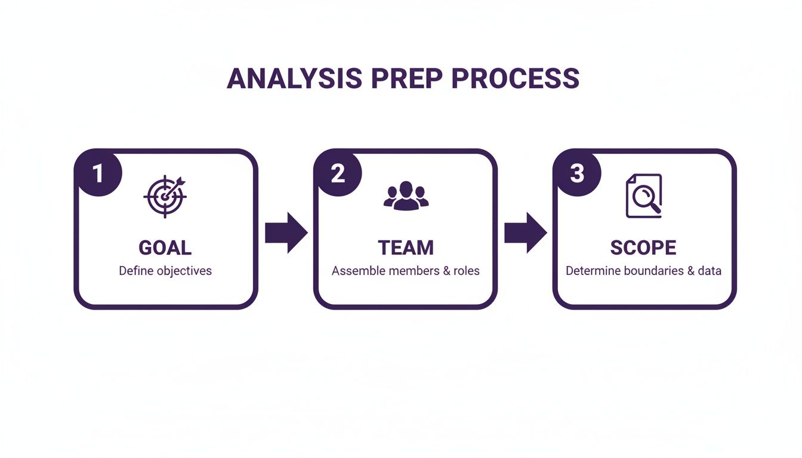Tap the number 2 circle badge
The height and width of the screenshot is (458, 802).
(337, 174)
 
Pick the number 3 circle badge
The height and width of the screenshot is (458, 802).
(576, 174)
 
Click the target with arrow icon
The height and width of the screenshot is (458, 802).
(165, 196)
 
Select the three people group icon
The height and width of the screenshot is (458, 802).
(406, 196)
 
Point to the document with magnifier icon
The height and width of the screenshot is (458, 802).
(644, 196)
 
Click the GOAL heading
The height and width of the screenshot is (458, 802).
(165, 247)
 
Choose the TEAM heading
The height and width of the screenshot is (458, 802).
(406, 247)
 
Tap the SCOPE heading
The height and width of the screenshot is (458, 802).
(643, 247)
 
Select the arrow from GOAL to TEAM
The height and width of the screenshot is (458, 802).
(286, 233)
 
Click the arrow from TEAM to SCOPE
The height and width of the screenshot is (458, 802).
(525, 233)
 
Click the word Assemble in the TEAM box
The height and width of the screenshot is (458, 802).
(358, 271)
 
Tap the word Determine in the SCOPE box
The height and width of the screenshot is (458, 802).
(593, 271)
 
